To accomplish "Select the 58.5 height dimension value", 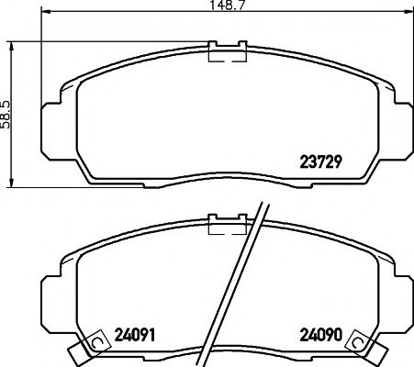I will [x=7, y=114].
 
